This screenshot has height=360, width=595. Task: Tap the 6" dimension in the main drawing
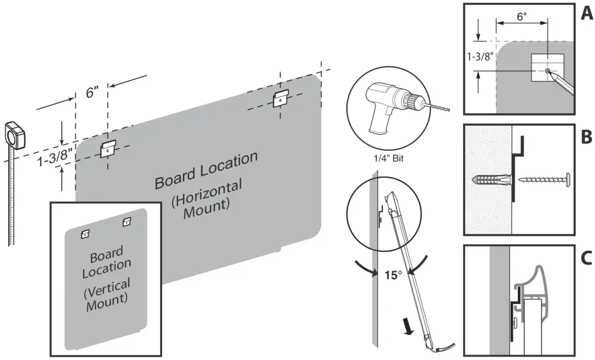(x=92, y=94)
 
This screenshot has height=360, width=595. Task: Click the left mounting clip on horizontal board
(x=107, y=148)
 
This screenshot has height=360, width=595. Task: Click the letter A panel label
(x=586, y=14)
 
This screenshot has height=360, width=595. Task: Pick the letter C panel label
(x=586, y=257)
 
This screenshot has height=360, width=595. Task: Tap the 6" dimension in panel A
(x=521, y=16)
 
